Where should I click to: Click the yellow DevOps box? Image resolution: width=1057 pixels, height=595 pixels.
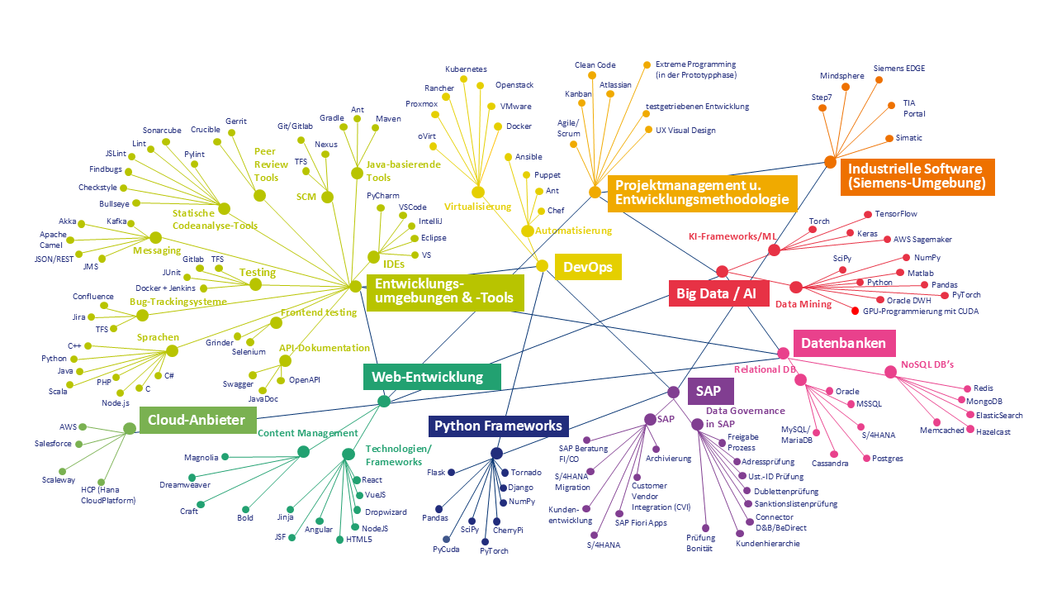coord(588,266)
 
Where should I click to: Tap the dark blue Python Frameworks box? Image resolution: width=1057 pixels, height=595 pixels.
coord(498,426)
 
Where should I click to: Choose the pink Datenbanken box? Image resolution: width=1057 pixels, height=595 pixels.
coord(844,343)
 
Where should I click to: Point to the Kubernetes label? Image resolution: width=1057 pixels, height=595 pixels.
coord(466,69)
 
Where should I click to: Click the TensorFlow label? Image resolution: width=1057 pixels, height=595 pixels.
coord(896,214)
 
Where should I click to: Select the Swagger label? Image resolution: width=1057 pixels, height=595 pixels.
coord(238,384)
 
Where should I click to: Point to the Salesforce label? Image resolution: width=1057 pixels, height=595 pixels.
coord(54,444)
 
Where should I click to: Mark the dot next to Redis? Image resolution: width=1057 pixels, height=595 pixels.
coord(966,388)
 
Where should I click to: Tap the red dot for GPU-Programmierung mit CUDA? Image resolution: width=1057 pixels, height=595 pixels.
coord(856,311)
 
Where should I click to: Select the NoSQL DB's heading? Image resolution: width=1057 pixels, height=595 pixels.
coord(927,364)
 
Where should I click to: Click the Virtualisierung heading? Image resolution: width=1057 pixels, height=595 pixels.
coord(477,207)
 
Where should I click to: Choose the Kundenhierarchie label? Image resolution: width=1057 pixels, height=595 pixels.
coord(767,544)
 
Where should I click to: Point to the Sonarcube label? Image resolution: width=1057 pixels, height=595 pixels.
coord(162,131)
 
